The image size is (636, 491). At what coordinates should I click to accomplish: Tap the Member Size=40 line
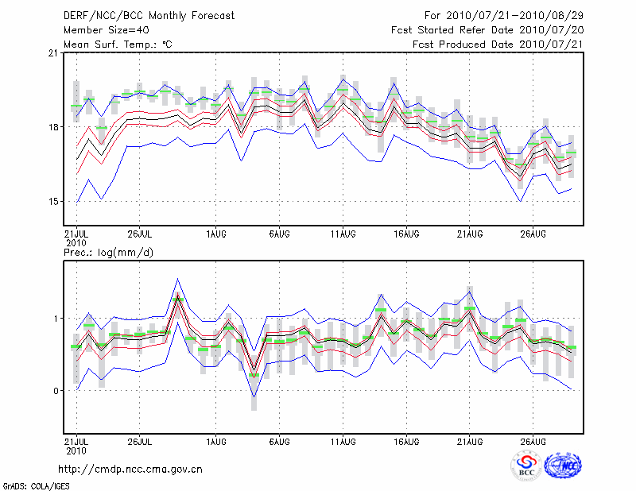click(x=102, y=29)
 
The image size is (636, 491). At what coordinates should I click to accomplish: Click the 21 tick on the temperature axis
click(x=53, y=53)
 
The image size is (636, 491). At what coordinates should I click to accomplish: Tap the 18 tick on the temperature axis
click(x=53, y=127)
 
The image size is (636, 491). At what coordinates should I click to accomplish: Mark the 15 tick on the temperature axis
click(x=53, y=201)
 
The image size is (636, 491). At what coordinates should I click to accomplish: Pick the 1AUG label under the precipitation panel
click(x=215, y=440)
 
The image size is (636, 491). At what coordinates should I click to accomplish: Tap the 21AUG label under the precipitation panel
click(x=470, y=440)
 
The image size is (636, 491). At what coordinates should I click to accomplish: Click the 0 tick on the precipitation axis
click(x=56, y=391)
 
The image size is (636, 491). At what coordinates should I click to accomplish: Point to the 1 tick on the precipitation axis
click(x=56, y=319)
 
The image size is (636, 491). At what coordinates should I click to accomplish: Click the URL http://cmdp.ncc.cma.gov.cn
click(x=130, y=469)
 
